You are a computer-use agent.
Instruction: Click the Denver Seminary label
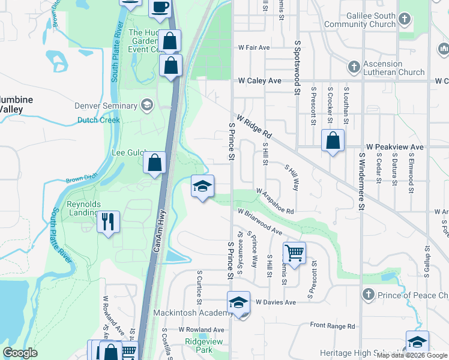click(x=106, y=106)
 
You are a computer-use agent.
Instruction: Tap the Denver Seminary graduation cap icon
click(x=146, y=106)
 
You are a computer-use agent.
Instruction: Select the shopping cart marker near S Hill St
click(x=294, y=254)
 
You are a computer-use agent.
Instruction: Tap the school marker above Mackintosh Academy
click(x=238, y=303)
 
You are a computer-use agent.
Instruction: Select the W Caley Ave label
click(x=259, y=80)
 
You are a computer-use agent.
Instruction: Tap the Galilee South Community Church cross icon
click(x=405, y=19)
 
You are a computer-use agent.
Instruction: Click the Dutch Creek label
click(x=98, y=120)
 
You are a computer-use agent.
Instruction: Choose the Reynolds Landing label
click(x=83, y=208)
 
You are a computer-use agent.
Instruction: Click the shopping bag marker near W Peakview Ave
click(x=333, y=142)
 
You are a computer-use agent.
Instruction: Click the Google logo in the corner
click(x=20, y=352)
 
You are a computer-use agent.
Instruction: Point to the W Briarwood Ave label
click(x=259, y=221)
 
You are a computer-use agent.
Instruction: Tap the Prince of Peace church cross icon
click(x=369, y=295)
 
